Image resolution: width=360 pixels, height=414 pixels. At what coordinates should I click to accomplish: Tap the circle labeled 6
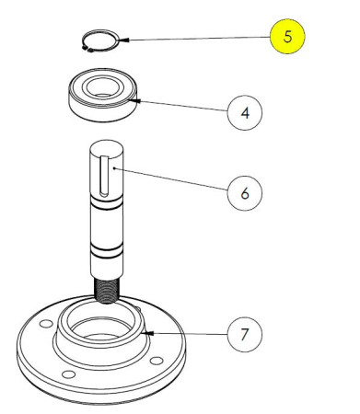[x=244, y=194]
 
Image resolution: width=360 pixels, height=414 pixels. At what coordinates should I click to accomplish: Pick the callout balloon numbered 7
[x=244, y=333]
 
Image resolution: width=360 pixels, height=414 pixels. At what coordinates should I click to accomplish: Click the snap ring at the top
[x=99, y=43]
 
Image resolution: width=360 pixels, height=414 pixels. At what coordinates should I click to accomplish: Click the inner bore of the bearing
[x=100, y=90]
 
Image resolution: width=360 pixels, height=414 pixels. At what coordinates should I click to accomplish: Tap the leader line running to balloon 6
[x=175, y=181]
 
